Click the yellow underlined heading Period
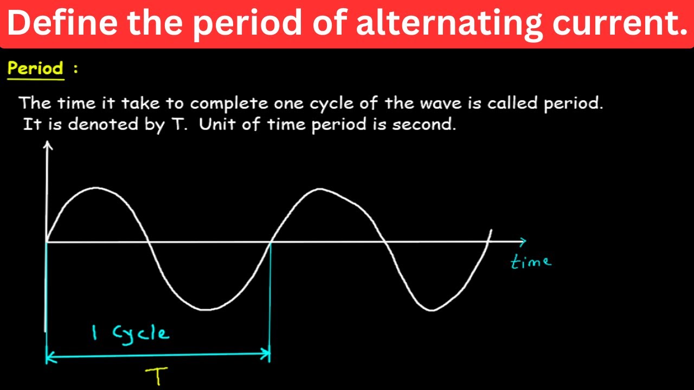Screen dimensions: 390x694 [35, 69]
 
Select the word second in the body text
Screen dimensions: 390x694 [424, 124]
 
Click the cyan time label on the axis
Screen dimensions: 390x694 [531, 262]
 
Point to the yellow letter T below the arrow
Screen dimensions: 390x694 [158, 375]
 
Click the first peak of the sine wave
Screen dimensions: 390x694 [97, 188]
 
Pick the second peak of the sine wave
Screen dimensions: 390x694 [320, 189]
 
